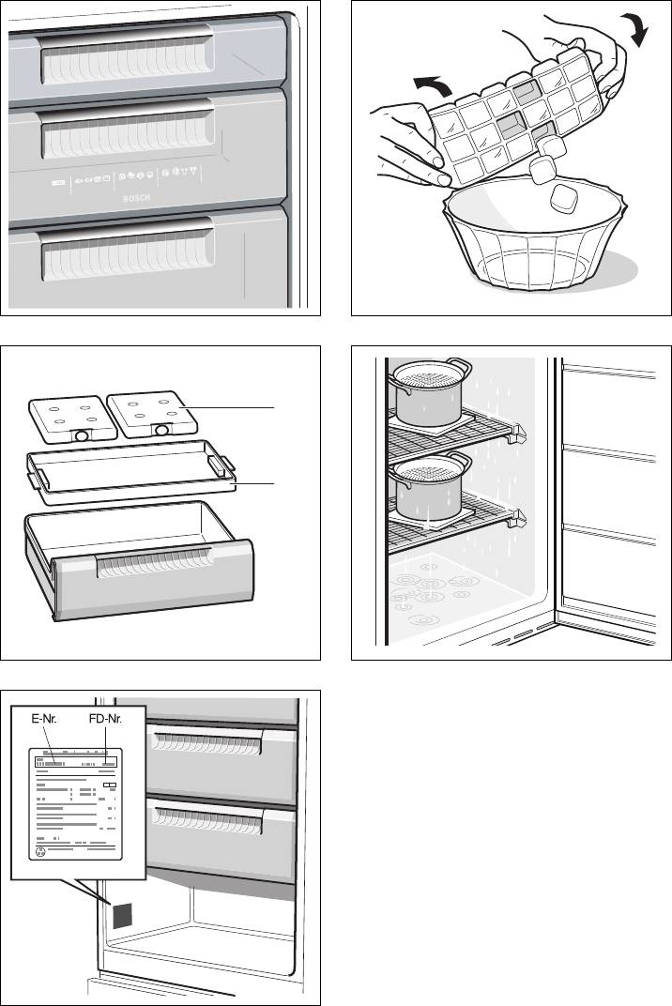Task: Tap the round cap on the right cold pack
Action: [x=162, y=429]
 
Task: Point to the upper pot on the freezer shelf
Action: [x=428, y=393]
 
